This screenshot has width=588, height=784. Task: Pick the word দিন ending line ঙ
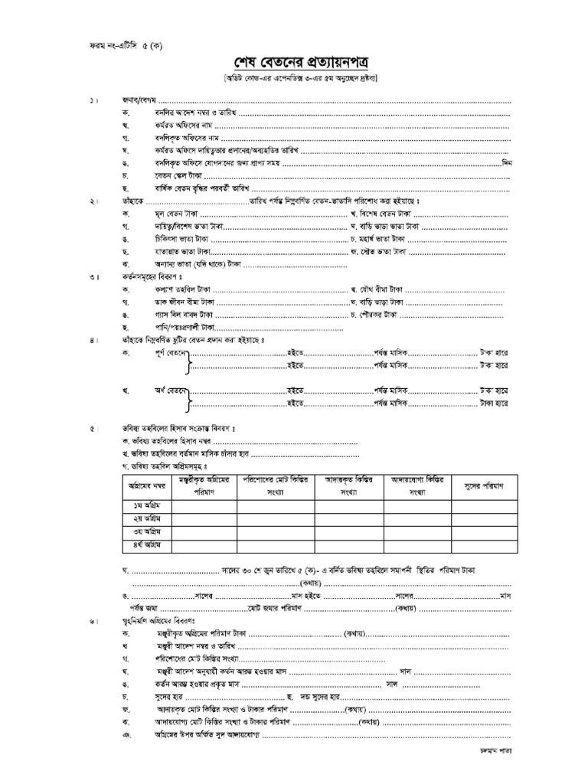tap(505, 162)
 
